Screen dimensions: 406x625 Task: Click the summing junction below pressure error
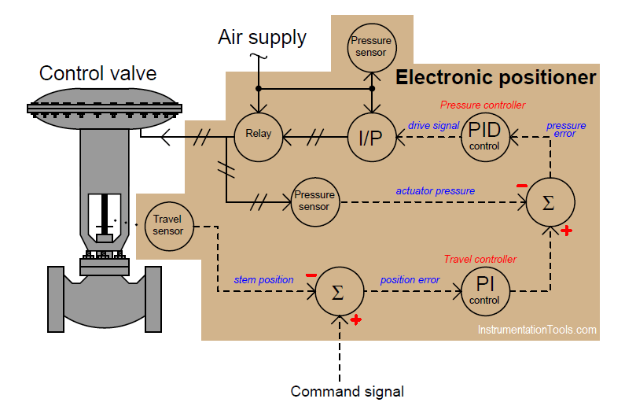tap(549, 201)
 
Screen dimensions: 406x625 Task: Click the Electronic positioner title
tap(495, 78)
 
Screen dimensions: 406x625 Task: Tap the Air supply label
tap(262, 37)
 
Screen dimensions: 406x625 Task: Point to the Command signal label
tap(347, 391)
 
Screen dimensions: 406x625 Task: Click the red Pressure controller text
tap(483, 105)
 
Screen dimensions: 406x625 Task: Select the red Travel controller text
tap(480, 259)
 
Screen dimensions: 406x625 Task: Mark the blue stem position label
tap(263, 279)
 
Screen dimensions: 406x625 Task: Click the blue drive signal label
tap(433, 124)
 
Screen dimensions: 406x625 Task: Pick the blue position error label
tap(410, 279)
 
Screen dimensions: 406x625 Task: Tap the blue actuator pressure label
tap(435, 190)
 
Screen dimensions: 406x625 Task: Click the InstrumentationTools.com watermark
tap(537, 330)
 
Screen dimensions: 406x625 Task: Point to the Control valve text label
tap(98, 74)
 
